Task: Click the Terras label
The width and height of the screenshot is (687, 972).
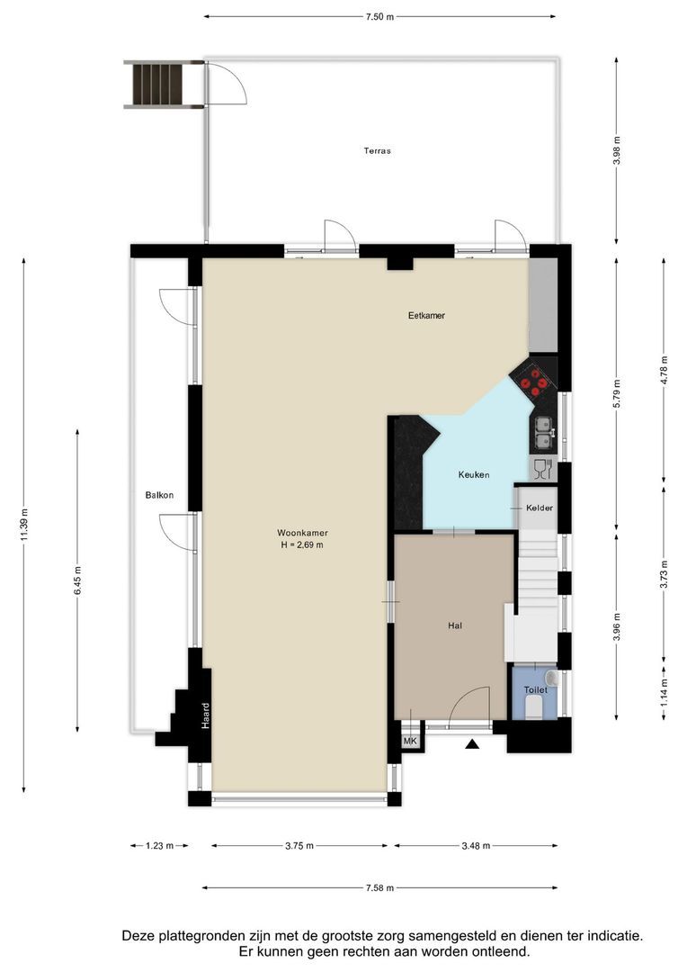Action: [377, 150]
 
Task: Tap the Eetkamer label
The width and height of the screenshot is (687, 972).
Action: [426, 316]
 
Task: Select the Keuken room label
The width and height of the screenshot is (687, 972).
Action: [474, 475]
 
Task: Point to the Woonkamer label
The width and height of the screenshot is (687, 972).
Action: [302, 533]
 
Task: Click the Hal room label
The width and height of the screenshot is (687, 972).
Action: [455, 626]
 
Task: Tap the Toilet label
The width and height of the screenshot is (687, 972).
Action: [535, 690]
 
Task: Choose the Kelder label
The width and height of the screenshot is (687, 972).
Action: [539, 508]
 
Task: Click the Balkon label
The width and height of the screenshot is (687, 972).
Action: [159, 495]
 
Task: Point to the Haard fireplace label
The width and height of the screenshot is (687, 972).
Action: [206, 715]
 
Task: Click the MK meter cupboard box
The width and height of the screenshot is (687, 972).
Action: [410, 742]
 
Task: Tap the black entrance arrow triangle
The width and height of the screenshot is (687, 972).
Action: [472, 744]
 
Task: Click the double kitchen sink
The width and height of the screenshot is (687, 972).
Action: [544, 432]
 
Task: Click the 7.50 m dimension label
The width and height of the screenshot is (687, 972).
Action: [379, 17]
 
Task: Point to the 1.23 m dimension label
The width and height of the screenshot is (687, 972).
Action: [159, 845]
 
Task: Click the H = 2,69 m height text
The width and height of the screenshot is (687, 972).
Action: [302, 544]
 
